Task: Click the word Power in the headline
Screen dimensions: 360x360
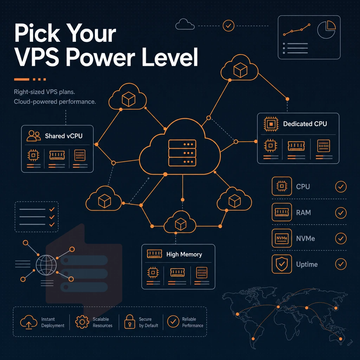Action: pos(100,57)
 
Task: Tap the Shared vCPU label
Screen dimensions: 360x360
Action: pos(64,136)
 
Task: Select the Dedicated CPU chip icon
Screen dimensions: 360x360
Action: pos(271,124)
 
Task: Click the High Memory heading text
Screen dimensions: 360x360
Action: pos(184,255)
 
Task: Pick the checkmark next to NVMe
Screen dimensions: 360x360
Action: pos(341,238)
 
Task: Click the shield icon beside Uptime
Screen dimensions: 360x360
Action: pos(282,264)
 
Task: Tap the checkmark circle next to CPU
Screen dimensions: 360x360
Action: pos(341,186)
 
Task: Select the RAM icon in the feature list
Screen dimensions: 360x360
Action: pos(282,212)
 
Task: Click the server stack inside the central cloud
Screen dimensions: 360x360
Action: pos(182,153)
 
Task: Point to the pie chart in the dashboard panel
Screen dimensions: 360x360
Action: pos(326,30)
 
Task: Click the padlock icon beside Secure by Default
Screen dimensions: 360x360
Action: pos(129,322)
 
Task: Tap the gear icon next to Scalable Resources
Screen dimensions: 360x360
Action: pos(82,322)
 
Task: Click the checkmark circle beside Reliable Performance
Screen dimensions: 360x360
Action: pos(173,321)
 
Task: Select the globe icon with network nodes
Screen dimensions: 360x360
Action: pos(46,265)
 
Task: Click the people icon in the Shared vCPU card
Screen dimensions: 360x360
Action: pos(33,136)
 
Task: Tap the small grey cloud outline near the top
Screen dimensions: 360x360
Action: pos(185,24)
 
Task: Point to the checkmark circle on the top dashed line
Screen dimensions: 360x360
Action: pos(229,26)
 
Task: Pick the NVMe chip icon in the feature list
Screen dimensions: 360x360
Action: pos(282,238)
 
